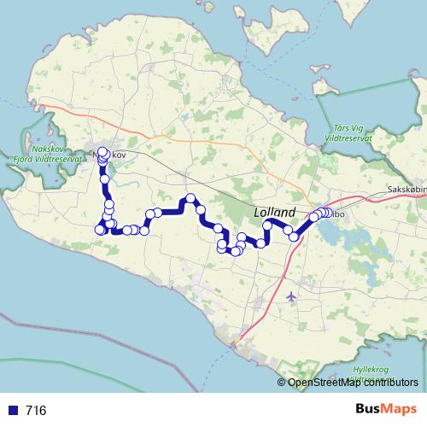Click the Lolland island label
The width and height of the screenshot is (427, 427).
(x=274, y=212)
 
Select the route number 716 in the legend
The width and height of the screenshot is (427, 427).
(x=36, y=411)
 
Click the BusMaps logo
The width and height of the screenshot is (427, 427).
(x=387, y=410)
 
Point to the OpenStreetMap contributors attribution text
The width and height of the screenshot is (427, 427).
(x=353, y=382)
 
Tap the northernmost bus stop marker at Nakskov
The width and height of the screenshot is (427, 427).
(x=103, y=152)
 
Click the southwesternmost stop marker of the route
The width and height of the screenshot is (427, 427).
(x=99, y=229)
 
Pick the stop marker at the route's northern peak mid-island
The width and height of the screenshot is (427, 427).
(x=190, y=199)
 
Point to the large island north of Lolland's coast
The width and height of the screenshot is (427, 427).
(x=281, y=34)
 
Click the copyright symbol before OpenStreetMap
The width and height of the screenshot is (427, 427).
(x=282, y=382)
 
